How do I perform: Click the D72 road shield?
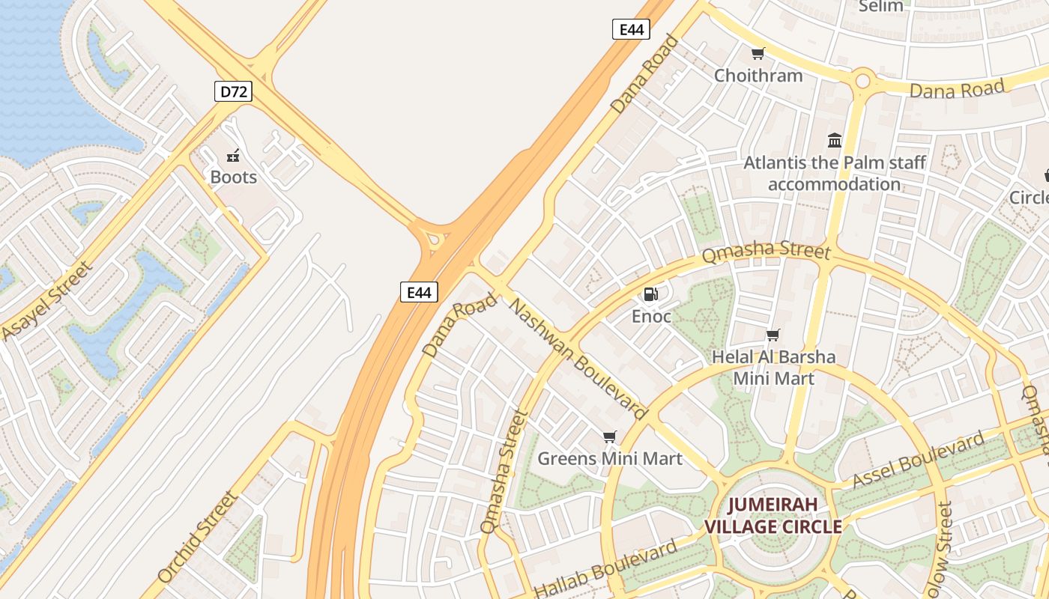[x=233, y=92]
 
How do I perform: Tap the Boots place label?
[x=233, y=177]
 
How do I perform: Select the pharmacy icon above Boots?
[x=233, y=156]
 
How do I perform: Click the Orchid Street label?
[x=199, y=536]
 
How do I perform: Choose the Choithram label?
[x=758, y=76]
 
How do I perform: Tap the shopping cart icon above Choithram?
[x=758, y=53]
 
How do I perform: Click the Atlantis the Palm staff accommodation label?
[x=834, y=173]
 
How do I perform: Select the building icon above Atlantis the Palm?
[x=834, y=140]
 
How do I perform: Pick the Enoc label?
[x=651, y=316]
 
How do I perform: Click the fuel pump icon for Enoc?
[x=651, y=294]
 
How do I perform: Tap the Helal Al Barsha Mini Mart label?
[x=773, y=367]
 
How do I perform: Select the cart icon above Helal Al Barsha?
[x=773, y=335]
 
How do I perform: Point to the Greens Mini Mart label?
[x=610, y=458]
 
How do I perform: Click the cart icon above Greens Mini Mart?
[x=610, y=437]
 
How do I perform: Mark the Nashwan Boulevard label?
[x=578, y=359]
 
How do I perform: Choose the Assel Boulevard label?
[x=918, y=460]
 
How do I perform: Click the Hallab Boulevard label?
[x=605, y=570]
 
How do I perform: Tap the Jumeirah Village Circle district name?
[x=773, y=515]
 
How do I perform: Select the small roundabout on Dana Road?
[x=862, y=79]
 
